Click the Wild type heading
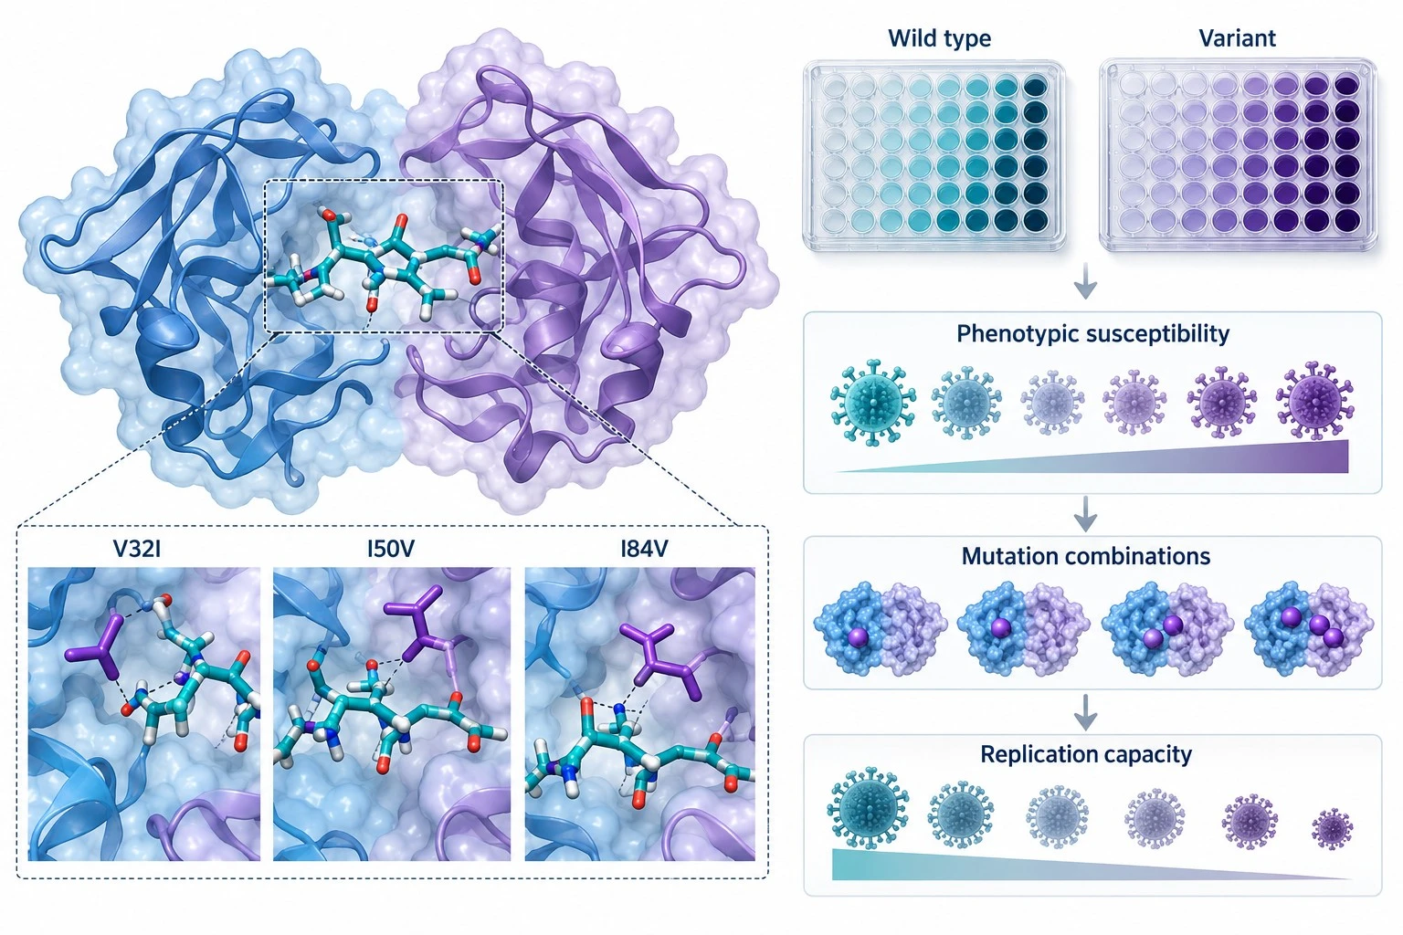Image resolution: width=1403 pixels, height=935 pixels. point(940,39)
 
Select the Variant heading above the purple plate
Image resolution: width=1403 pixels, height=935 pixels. point(1237,39)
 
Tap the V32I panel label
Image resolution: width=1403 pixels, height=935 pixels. point(137,550)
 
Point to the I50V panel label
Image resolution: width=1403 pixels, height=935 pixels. point(391,550)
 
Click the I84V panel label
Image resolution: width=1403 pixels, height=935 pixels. point(644,550)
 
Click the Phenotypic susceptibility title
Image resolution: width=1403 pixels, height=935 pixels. point(1092,334)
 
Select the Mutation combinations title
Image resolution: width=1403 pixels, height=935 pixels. point(1085,556)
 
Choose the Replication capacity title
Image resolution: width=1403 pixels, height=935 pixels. point(1085,754)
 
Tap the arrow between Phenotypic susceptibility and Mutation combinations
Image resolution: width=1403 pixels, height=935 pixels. point(1085,514)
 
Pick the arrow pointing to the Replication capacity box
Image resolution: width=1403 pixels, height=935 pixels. point(1085,712)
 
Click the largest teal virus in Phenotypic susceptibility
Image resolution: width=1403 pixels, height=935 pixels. point(873,403)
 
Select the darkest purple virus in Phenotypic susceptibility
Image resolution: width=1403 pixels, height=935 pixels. point(1316,399)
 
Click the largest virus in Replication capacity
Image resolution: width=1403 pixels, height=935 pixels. point(868,808)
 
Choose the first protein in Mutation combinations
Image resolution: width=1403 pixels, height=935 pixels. point(880,628)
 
